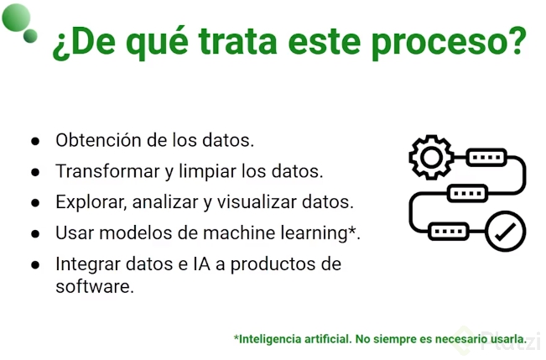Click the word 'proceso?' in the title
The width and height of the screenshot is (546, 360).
(x=449, y=44)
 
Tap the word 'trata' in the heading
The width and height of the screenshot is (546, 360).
(x=238, y=41)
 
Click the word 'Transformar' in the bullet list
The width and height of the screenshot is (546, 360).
(x=107, y=171)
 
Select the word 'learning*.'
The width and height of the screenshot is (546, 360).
(x=320, y=233)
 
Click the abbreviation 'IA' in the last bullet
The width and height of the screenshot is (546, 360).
(x=201, y=263)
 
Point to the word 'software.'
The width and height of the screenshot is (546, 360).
(x=95, y=286)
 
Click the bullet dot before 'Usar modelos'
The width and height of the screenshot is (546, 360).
(x=35, y=233)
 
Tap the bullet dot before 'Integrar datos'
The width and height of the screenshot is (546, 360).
(x=35, y=264)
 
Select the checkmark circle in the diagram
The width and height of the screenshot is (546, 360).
(x=505, y=231)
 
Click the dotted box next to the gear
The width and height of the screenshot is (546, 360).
(x=486, y=157)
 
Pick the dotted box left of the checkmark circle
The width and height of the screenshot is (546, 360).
(x=449, y=231)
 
